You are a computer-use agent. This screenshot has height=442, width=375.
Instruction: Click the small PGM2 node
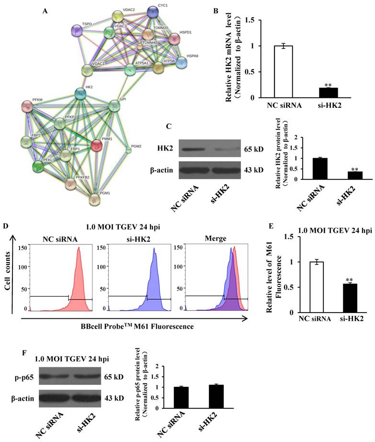tap(128, 151)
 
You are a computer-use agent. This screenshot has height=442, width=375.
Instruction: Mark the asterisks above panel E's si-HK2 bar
tap(348, 279)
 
